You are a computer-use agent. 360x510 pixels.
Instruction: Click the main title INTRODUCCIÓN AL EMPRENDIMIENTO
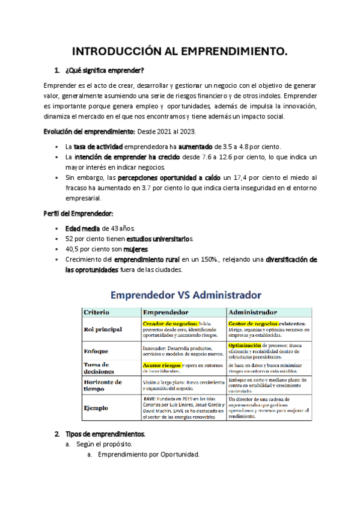(x=180, y=52)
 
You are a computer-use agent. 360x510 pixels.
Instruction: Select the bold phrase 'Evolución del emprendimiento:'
(x=90, y=131)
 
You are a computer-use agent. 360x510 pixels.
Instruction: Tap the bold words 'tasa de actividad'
(x=98, y=147)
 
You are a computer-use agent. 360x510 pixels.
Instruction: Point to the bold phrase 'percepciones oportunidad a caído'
(x=169, y=178)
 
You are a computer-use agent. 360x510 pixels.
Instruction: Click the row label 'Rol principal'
(x=103, y=329)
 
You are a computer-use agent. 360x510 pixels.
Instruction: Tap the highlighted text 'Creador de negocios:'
(x=166, y=324)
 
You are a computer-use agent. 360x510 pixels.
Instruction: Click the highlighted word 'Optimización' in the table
(x=244, y=346)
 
